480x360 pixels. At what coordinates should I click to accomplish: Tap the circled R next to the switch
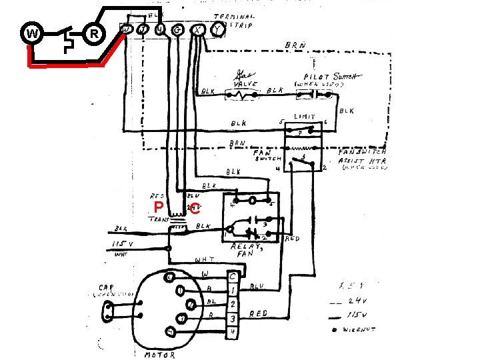click(x=94, y=33)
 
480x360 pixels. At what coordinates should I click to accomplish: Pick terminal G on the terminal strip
click(x=178, y=30)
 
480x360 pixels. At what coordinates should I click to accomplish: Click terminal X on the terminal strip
click(x=197, y=30)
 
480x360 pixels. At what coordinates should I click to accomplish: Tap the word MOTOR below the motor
click(x=160, y=355)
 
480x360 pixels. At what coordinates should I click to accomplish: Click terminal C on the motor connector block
click(x=232, y=275)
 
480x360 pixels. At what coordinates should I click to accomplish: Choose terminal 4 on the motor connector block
click(x=232, y=331)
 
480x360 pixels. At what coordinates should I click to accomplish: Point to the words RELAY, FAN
click(x=247, y=249)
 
